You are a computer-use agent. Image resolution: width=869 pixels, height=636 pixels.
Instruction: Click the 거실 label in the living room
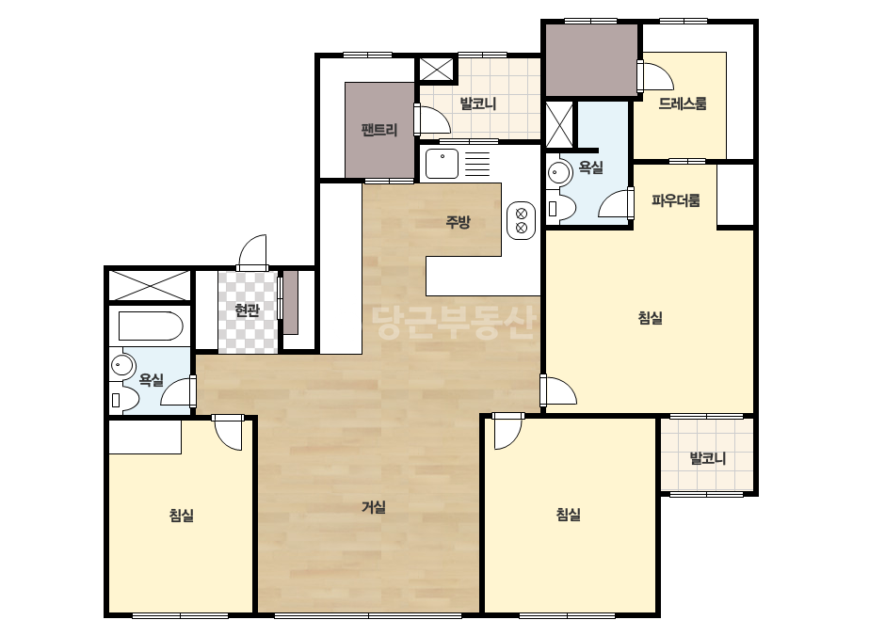(x=374, y=507)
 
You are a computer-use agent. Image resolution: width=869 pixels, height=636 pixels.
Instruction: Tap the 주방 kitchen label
(x=459, y=222)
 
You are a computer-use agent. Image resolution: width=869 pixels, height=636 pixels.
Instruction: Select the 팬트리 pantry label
(x=379, y=130)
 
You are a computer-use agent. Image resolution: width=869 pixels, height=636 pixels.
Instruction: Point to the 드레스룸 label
(x=683, y=103)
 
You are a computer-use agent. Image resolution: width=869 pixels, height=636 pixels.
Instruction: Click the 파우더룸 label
(x=676, y=200)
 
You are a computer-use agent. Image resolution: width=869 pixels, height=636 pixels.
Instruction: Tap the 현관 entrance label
(x=247, y=310)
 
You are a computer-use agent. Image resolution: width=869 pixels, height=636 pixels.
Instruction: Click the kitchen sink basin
(x=442, y=164)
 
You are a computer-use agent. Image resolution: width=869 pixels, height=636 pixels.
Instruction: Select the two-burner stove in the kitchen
(x=521, y=220)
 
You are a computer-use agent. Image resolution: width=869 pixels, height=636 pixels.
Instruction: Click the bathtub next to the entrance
(x=151, y=326)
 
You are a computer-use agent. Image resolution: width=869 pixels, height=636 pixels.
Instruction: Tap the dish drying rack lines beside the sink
(x=477, y=164)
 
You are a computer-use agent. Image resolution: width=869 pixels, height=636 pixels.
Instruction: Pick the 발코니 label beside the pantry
(x=477, y=103)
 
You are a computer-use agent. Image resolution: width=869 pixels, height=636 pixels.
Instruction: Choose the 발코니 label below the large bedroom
(x=708, y=458)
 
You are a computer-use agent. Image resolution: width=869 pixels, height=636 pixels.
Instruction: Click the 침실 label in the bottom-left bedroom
(x=181, y=516)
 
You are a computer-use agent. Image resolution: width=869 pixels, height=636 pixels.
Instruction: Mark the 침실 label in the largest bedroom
(x=650, y=318)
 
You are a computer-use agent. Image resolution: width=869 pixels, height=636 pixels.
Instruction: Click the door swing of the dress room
(x=657, y=76)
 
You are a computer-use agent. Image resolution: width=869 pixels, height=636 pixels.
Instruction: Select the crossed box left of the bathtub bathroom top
(x=149, y=285)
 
